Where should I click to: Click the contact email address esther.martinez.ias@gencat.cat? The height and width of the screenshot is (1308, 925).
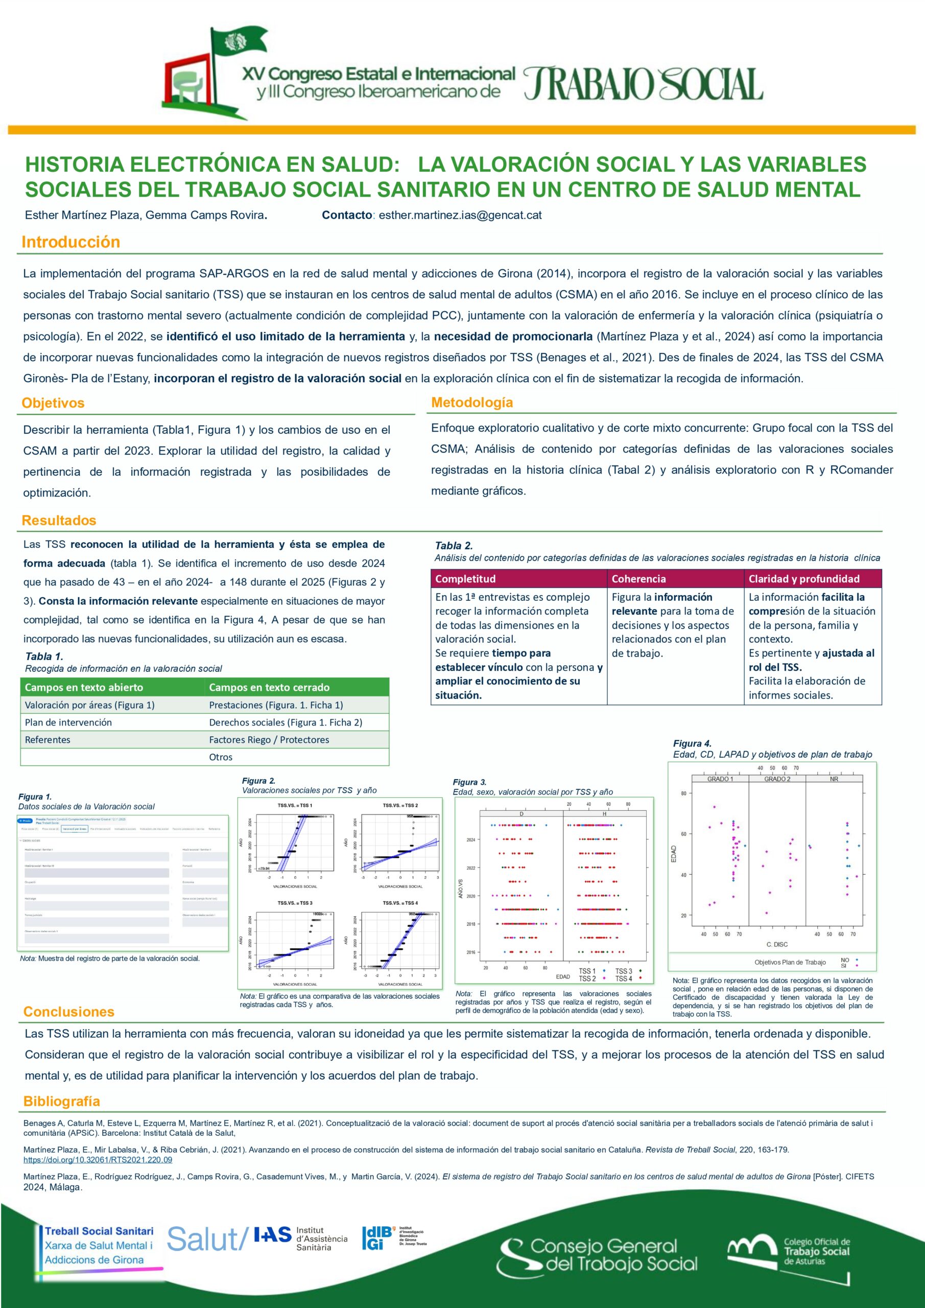pyautogui.click(x=460, y=215)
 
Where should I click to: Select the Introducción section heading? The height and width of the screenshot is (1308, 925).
pyautogui.click(x=70, y=242)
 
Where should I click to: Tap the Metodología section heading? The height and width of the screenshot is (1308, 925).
pyautogui.click(x=471, y=402)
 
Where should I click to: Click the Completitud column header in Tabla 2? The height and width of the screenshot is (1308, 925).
pyautogui.click(x=465, y=579)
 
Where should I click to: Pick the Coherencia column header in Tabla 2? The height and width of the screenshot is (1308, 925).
pyautogui.click(x=638, y=579)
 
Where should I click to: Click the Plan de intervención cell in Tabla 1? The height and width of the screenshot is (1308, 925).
pyautogui.click(x=68, y=722)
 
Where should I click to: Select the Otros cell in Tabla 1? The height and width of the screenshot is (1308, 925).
pyautogui.click(x=221, y=757)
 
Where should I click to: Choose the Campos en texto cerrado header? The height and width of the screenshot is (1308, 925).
pyautogui.click(x=269, y=687)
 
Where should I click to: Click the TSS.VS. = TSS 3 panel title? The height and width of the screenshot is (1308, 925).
pyautogui.click(x=295, y=903)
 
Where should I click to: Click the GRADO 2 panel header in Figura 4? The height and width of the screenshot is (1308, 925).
pyautogui.click(x=777, y=779)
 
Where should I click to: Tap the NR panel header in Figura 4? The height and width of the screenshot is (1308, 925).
pyautogui.click(x=834, y=779)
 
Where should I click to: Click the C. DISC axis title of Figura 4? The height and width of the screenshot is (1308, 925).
pyautogui.click(x=777, y=944)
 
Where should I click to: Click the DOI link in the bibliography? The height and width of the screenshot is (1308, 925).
pyautogui.click(x=98, y=1159)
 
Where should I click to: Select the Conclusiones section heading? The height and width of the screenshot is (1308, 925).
pyautogui.click(x=69, y=1012)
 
